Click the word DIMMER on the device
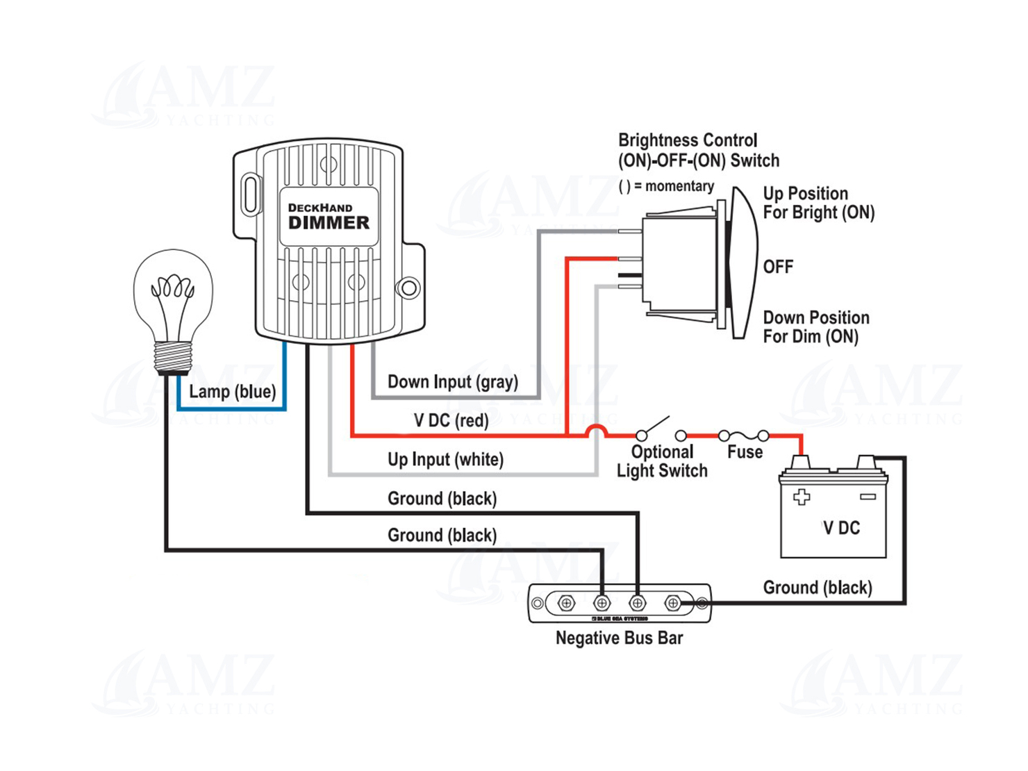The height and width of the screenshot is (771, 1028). tap(329, 223)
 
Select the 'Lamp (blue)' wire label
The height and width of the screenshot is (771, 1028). tap(232, 392)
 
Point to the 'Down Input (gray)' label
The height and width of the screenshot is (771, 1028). tap(452, 382)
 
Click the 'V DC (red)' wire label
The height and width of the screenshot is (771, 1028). tap(451, 420)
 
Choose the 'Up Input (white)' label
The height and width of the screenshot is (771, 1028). tap(445, 459)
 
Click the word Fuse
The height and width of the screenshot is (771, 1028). tap(745, 452)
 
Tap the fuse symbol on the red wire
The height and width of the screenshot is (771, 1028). tap(743, 436)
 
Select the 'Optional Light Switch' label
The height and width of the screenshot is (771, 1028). tap(662, 461)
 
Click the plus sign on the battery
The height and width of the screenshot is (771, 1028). tap(802, 497)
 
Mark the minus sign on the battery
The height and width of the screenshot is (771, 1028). tap(868, 497)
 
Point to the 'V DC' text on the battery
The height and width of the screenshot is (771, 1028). tap(841, 528)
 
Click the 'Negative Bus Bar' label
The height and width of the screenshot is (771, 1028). tap(619, 638)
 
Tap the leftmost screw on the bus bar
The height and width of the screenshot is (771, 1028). tap(566, 603)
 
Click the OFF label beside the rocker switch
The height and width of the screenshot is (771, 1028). tap(778, 267)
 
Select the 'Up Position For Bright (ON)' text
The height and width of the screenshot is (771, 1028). tap(818, 203)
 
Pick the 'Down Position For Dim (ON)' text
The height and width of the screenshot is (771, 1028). tap(815, 327)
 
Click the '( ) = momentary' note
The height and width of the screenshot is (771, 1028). tap(666, 186)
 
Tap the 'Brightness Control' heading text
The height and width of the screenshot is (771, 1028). tap(688, 140)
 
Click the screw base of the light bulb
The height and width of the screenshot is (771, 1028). tap(173, 358)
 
